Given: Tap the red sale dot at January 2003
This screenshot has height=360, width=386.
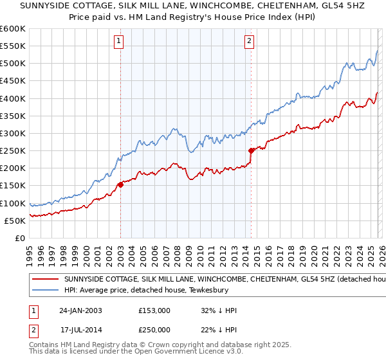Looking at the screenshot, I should coord(120,184).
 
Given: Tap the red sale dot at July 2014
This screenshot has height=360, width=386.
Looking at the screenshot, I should coord(251,150).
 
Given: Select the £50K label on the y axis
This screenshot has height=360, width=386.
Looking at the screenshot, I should coord(15,221).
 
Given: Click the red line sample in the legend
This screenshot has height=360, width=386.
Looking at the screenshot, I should coord(46,280).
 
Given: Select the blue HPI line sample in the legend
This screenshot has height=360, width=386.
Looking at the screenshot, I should coord(46,290).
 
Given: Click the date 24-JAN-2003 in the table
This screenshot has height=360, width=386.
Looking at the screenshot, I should coord(81,310).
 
